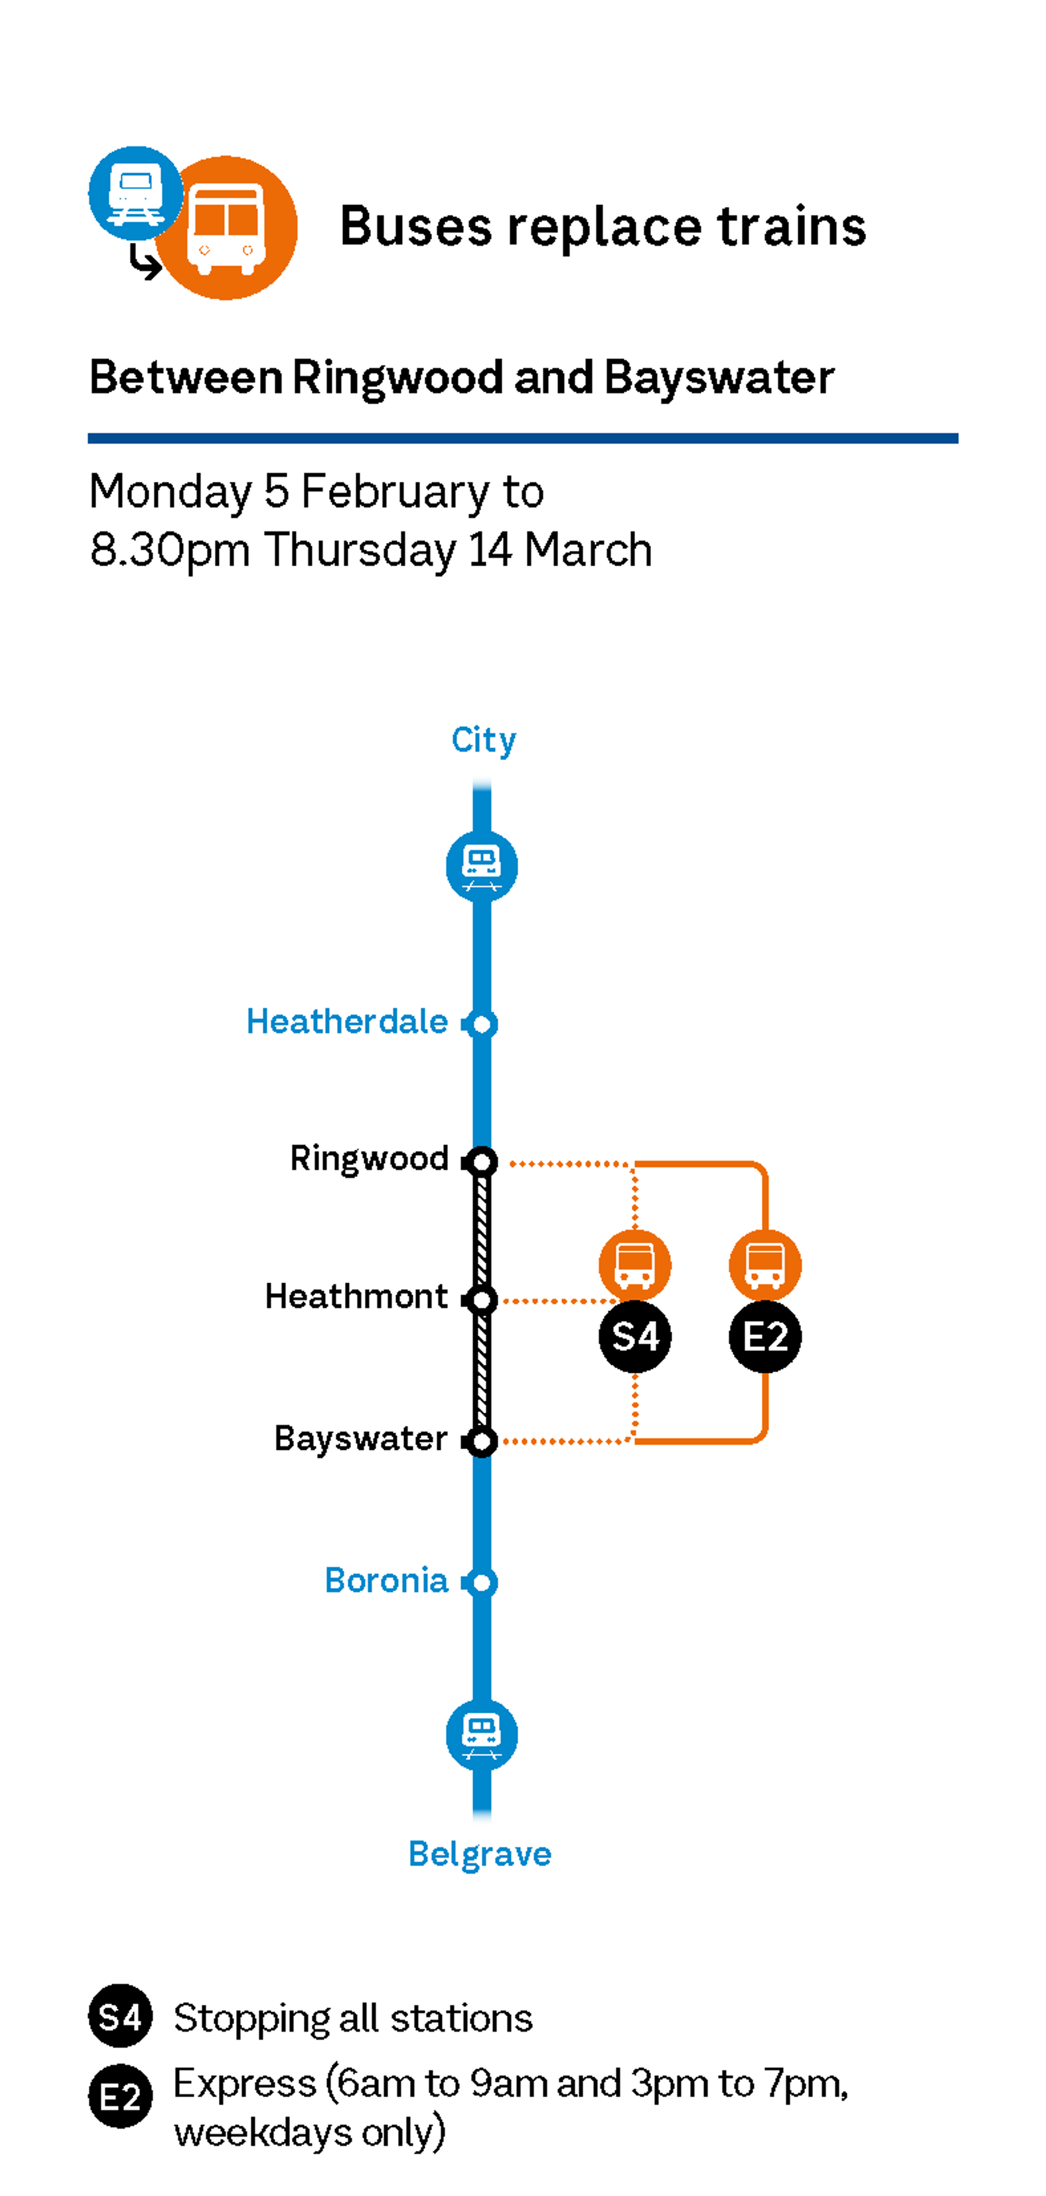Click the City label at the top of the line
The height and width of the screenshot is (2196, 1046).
[483, 740]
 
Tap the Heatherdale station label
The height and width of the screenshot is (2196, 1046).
[347, 1021]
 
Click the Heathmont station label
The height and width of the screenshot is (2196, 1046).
[356, 1297]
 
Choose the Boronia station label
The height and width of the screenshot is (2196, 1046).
[386, 1580]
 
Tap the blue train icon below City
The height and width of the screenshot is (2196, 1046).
[482, 866]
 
